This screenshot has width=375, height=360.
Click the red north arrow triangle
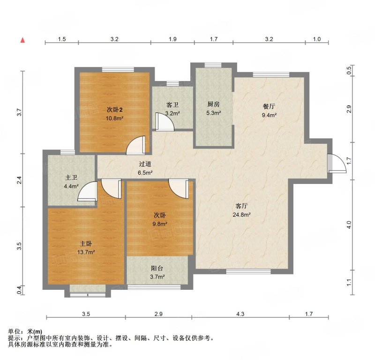pos(22,40)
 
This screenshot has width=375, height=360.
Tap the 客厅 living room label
pos(241,206)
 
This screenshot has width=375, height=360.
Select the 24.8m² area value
pos(241,214)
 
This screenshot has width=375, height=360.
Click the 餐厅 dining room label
pos(269,106)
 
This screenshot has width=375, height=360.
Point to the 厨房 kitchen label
pos(213,104)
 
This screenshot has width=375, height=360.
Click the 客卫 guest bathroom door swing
pos(165,122)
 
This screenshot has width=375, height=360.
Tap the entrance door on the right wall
pos(337,163)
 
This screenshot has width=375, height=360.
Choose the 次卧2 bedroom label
pos(114,110)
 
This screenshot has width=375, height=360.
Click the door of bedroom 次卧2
pos(135,145)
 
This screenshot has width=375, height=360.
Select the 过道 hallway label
pos(145,164)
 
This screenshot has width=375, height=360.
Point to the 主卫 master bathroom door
pos(88,191)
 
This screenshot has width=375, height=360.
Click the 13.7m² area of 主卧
pos(86,252)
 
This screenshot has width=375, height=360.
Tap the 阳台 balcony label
pos(157,268)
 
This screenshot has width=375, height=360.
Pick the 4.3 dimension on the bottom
pos(240,314)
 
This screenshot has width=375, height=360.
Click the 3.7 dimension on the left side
pos(19,112)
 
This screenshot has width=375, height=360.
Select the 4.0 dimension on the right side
pos(349,225)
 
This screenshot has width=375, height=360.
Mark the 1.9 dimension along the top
pos(172,39)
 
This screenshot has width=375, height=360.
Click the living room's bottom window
pos(248,272)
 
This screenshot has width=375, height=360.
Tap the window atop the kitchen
pos(213,65)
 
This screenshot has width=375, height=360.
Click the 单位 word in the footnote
pos(14,331)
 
